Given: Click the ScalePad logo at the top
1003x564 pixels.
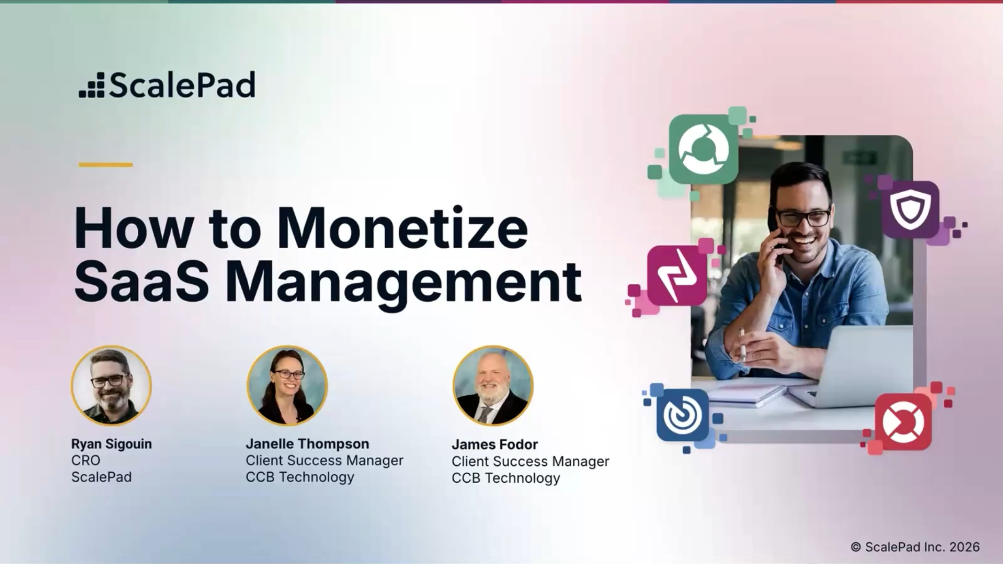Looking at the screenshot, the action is [x=167, y=85].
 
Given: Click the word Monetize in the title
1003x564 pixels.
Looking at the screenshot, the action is [x=403, y=228].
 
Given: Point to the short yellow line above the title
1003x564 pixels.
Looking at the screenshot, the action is [x=106, y=164].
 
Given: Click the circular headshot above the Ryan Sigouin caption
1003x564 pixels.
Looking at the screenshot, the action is [x=111, y=385].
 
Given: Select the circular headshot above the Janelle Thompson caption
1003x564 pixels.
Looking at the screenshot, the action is [x=287, y=385].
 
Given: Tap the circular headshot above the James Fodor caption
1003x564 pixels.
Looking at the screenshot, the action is [x=493, y=385].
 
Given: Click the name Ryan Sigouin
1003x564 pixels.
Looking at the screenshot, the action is [x=111, y=444].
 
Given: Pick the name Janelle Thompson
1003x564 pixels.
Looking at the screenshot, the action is [x=308, y=444].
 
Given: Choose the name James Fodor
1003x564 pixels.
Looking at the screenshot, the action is [x=495, y=444].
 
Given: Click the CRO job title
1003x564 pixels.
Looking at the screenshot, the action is [x=86, y=460].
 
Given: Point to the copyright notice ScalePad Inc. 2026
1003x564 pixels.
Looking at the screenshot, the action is [x=916, y=547].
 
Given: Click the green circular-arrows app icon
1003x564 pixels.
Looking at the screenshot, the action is [x=703, y=149].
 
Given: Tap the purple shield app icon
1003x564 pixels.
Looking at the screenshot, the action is [x=910, y=209].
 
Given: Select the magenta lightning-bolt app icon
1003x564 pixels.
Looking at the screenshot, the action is [x=677, y=275].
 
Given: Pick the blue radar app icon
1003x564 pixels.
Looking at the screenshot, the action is [x=683, y=415].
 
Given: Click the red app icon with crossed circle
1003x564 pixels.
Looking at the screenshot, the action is [x=903, y=422].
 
